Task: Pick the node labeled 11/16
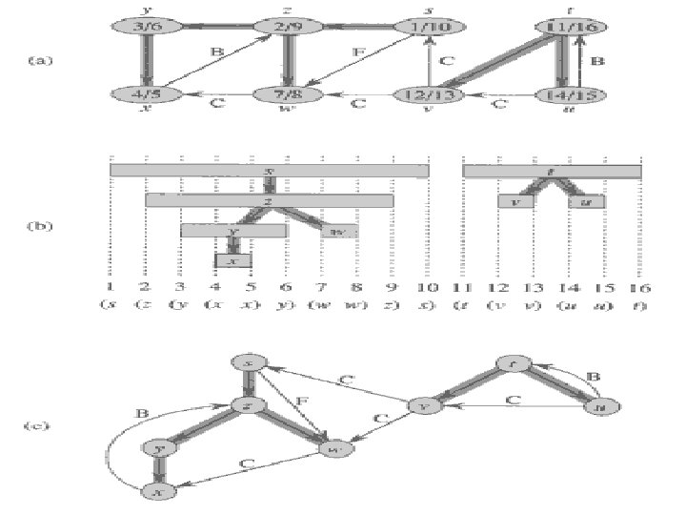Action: click(572, 28)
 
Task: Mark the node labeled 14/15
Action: click(572, 94)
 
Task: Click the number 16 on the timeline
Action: click(640, 286)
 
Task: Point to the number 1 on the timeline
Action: click(111, 286)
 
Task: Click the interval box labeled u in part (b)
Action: click(587, 201)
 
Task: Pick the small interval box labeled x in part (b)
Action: click(233, 259)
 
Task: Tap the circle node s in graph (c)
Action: click(250, 363)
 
